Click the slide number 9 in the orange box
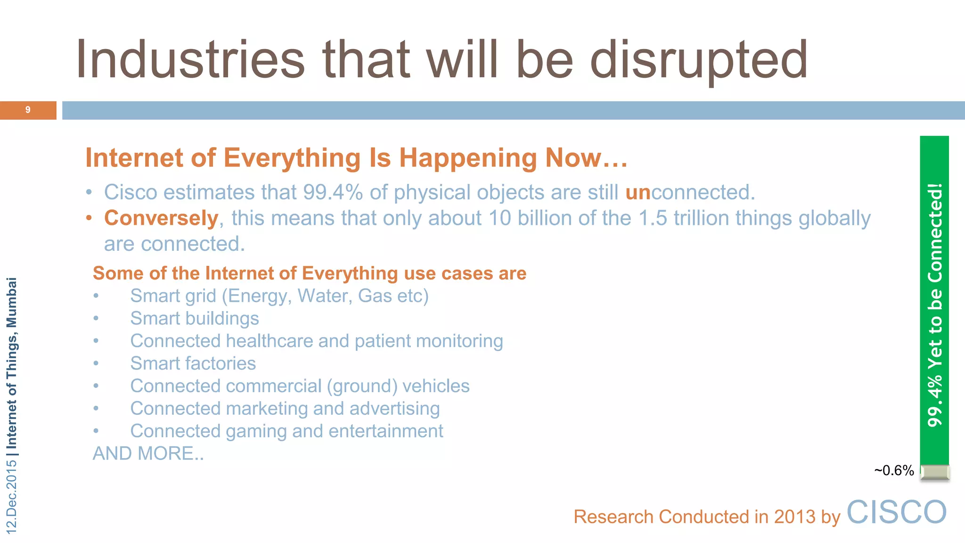tap(28, 110)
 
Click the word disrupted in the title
tap(699, 60)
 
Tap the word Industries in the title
tap(190, 60)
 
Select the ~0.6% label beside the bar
tap(894, 470)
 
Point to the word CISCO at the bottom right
tap(896, 512)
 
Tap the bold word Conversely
tap(161, 218)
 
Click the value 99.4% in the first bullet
tap(333, 192)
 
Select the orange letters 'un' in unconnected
tap(638, 192)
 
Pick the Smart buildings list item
tap(195, 319)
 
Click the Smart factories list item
tap(193, 363)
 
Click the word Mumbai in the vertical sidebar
tap(12, 302)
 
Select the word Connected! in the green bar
tap(935, 233)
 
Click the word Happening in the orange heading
tap(468, 158)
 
